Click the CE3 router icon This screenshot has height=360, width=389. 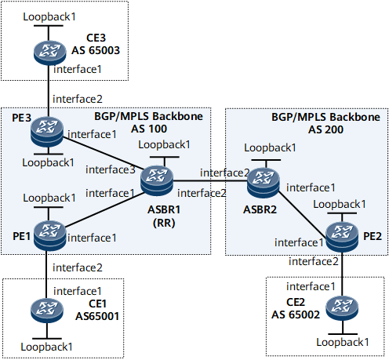49,53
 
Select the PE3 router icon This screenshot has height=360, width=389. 47,132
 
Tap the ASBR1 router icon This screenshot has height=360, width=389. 157,181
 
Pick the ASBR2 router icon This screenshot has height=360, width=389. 264,183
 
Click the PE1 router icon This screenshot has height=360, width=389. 49,235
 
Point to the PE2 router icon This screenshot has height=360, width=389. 342,237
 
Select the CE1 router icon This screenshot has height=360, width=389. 47,311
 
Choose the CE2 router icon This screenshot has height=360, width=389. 342,309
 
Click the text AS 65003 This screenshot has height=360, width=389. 96,50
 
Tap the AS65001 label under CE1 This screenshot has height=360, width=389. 97,316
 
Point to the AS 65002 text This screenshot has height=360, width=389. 296,315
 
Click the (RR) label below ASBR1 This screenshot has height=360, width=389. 164,223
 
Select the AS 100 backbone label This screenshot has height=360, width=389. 149,129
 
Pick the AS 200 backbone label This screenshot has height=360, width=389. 325,129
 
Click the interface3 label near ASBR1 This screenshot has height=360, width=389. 111,169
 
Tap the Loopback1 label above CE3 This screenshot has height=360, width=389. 49,16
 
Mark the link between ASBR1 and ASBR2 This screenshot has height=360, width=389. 210,180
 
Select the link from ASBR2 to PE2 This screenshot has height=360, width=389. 303,215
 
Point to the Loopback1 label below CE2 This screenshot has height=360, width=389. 343,342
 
